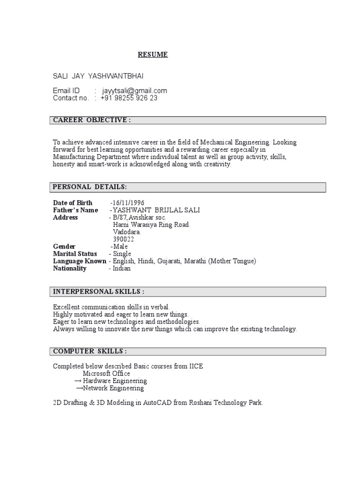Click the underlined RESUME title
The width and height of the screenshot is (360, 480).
152,55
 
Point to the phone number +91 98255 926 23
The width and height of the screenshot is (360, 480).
129,98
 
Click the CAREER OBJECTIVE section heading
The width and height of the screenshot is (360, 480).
92,120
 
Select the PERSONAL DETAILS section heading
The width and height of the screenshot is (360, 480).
90,187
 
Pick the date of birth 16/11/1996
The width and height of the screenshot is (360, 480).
125,203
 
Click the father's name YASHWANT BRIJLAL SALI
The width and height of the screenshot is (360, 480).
157,210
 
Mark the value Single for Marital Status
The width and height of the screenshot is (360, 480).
122,254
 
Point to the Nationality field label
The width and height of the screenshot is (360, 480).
70,269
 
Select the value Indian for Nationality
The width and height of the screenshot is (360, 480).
121,269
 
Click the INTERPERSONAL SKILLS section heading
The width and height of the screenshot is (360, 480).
98,292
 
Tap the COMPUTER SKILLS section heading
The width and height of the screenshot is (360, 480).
90,351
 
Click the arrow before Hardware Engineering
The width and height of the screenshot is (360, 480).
78,381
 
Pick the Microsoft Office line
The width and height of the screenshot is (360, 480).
106,374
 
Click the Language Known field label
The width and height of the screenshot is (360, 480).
80,261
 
